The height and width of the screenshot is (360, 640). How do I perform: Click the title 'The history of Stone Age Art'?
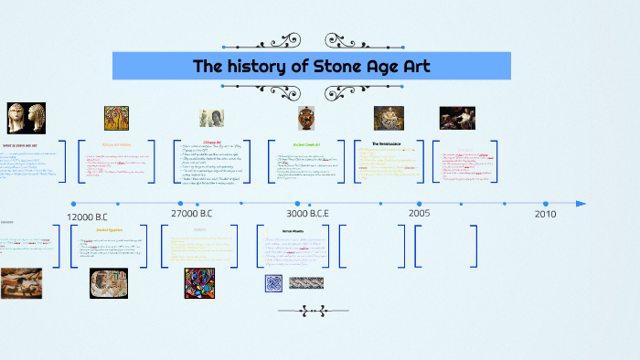click(311, 66)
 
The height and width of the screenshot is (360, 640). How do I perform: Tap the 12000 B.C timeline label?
click(92, 217)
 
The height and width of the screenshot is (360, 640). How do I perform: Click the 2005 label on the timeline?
click(420, 213)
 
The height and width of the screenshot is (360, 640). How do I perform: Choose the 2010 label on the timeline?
click(545, 213)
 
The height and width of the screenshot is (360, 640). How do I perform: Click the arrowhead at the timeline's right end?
click(581, 203)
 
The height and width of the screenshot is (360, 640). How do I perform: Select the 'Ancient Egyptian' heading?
click(109, 230)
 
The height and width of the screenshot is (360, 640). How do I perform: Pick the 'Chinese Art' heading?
click(212, 142)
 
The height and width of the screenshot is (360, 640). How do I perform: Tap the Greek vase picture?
click(306, 118)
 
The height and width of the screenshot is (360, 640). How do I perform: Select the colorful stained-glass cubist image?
click(199, 282)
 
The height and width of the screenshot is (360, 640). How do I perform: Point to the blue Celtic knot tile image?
click(274, 283)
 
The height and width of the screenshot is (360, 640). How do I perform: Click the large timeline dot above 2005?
click(420, 204)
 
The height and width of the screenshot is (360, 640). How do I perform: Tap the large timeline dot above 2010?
click(545, 204)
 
